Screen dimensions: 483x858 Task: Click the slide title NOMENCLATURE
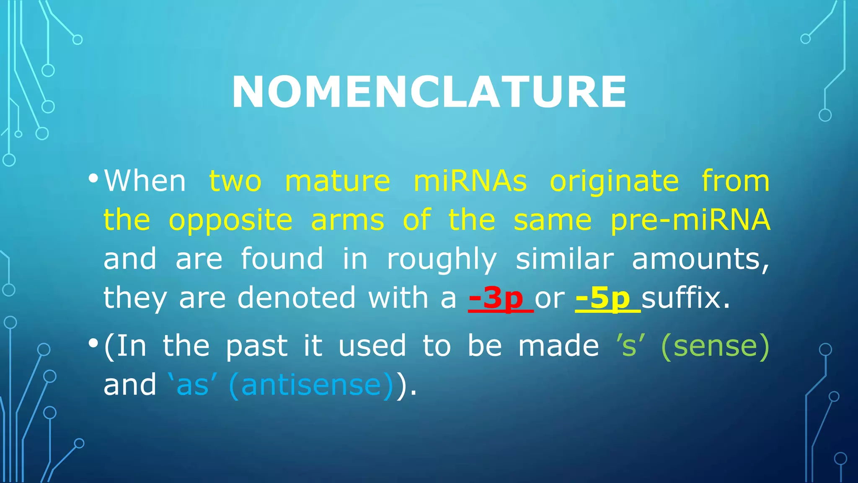coord(429,92)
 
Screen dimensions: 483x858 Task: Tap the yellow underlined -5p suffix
coord(603,298)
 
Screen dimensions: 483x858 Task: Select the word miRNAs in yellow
coord(470,181)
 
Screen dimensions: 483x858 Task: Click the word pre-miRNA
coord(690,220)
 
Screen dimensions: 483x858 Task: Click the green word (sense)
coord(715,346)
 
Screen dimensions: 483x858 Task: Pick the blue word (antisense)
coord(311,385)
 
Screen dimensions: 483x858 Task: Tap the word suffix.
coord(685,298)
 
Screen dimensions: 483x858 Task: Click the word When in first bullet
coord(145,181)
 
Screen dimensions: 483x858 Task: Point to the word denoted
coord(297,298)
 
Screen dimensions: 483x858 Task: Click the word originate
coord(614,182)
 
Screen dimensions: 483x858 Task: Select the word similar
coord(565,259)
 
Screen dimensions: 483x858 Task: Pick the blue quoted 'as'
coord(192,385)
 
